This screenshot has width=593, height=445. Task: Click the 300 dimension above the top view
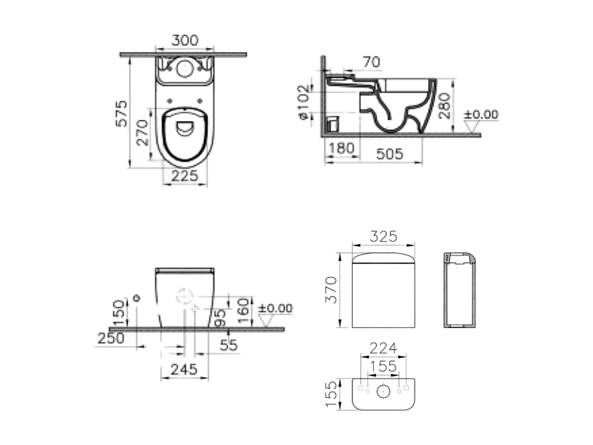pyautogui.click(x=184, y=40)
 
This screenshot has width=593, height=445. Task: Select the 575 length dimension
pyautogui.click(x=122, y=113)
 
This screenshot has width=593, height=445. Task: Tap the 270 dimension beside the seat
pyautogui.click(x=142, y=133)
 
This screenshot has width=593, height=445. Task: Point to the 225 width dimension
pyautogui.click(x=184, y=176)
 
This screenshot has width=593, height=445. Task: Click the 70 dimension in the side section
pyautogui.click(x=371, y=62)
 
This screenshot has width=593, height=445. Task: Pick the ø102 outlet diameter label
pyautogui.click(x=304, y=102)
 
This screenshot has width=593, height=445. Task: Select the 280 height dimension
pyautogui.click(x=445, y=106)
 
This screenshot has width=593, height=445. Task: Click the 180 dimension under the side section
pyautogui.click(x=341, y=148)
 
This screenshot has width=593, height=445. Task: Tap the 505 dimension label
pyautogui.click(x=390, y=154)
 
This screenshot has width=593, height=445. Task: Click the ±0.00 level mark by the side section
pyautogui.click(x=481, y=114)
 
